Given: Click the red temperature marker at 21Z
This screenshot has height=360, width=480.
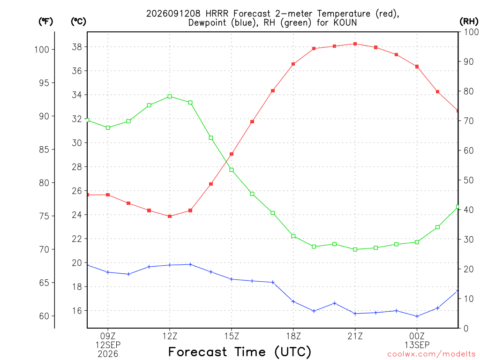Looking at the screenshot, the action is point(355,44).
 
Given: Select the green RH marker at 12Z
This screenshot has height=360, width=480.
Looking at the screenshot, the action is point(170,97).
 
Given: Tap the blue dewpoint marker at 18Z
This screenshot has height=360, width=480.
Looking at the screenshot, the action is point(293,301).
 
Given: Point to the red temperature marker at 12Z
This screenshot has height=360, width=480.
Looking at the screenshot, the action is point(170,217).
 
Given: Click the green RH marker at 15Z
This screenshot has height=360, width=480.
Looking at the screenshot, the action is point(232,170).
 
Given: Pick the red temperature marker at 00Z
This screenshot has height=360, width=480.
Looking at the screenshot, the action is point(417,67).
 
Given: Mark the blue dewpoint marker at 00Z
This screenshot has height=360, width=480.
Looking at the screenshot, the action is point(417,316).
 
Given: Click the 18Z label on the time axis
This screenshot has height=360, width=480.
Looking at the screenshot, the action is point(293,337).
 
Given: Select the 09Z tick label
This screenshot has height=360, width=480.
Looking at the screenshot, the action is point(108,337).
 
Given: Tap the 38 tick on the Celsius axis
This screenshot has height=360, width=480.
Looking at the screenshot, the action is point(77,47).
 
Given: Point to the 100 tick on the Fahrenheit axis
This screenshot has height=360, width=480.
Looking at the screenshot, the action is point(42,50).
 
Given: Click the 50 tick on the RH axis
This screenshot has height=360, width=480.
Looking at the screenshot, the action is point(468,180).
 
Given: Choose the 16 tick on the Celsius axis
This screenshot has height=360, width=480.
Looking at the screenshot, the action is point(77,311).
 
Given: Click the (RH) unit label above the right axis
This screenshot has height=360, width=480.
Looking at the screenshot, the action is point(469,22).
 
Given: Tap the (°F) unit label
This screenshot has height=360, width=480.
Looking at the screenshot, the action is point(45,22).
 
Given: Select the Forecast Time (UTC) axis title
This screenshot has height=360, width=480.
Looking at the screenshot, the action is point(240,352).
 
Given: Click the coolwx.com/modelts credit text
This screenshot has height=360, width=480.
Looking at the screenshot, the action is point(431,354).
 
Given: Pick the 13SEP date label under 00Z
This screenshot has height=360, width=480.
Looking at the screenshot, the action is point(417,345).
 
